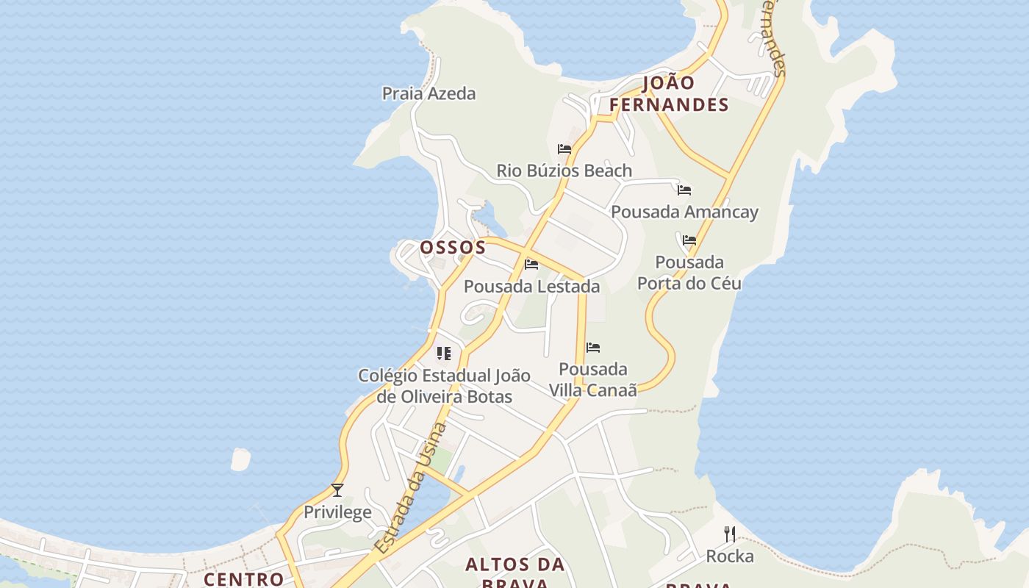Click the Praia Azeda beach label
click(429, 94)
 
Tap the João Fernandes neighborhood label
click(669, 94)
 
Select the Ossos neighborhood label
click(453, 248)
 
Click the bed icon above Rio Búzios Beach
click(564, 149)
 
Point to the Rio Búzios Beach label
click(564, 171)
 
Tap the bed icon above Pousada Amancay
click(684, 190)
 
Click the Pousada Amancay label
click(684, 212)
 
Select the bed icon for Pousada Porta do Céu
click(689, 240)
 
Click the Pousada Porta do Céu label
click(689, 273)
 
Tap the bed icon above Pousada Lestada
click(531, 265)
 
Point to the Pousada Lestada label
click(531, 287)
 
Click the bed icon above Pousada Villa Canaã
click(593, 348)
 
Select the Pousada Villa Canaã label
click(593, 379)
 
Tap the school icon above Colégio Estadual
click(443, 354)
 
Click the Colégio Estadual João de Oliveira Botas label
click(444, 386)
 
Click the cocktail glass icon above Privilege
click(337, 490)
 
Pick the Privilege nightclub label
click(337, 512)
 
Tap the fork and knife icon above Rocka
click(730, 534)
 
